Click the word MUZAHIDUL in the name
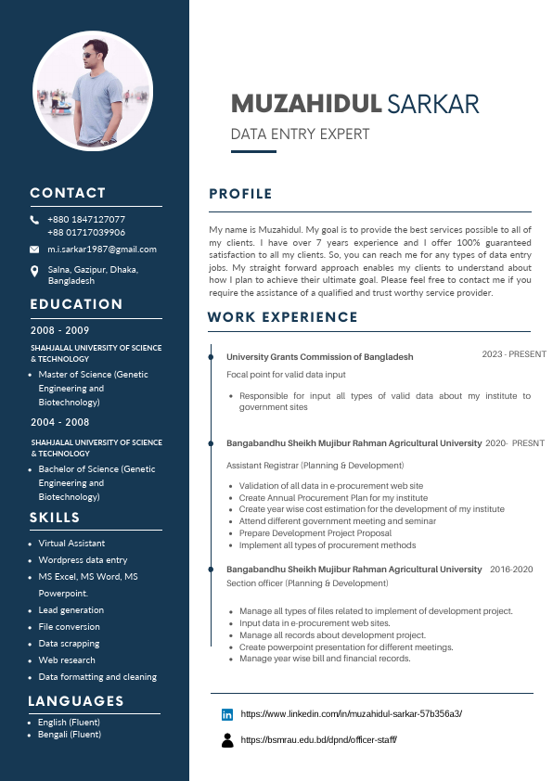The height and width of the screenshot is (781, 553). click(x=306, y=103)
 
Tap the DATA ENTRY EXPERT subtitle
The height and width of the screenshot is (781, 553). click(x=300, y=134)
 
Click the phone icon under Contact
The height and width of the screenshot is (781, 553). click(x=34, y=220)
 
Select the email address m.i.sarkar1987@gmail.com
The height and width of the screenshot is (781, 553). click(x=102, y=250)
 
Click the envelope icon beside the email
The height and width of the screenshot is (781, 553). click(x=34, y=250)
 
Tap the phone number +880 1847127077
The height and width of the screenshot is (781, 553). click(x=86, y=220)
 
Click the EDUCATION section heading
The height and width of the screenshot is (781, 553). click(x=76, y=304)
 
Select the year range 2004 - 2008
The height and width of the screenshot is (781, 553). click(x=59, y=422)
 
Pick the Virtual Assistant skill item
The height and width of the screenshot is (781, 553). click(x=71, y=544)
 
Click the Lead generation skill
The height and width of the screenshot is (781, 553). click(x=71, y=610)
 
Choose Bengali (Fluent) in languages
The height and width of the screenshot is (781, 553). click(x=70, y=735)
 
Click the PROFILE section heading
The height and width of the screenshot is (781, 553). click(x=240, y=194)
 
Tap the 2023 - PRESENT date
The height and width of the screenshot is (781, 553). click(x=514, y=354)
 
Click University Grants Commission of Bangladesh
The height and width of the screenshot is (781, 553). click(x=320, y=357)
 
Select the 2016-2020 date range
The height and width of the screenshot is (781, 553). click(x=511, y=570)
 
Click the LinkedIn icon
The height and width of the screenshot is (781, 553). click(x=227, y=714)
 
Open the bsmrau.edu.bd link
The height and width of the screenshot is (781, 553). click(x=319, y=740)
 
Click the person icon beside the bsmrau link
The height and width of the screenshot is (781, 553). click(x=227, y=740)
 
